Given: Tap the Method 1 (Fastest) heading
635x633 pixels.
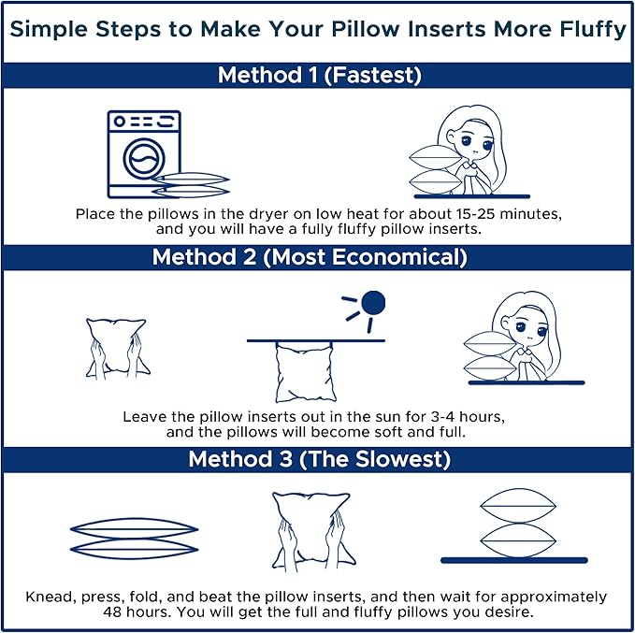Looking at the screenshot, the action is [320, 76].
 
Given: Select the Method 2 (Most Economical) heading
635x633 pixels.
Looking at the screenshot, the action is [310, 257].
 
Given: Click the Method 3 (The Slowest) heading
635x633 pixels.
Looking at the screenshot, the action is [320, 459].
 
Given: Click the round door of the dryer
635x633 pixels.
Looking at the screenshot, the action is [144, 158].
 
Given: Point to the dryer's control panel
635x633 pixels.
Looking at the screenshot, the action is [144, 122].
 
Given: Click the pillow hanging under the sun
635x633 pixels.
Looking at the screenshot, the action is [305, 372].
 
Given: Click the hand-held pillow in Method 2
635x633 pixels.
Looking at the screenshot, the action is [117, 348].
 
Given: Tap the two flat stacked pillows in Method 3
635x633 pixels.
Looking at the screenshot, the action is [134, 539].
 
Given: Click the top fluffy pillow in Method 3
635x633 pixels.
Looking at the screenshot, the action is [518, 506].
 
